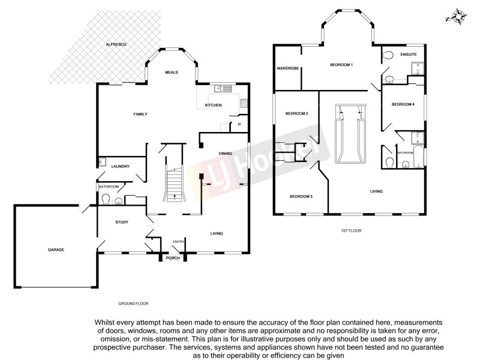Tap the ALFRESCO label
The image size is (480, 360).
click(115, 45)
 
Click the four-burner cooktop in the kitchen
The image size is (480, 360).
click(244, 103)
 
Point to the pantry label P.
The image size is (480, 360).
click(239, 124)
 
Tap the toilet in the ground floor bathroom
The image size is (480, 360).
click(106, 199)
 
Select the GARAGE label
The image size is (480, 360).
click(56, 250)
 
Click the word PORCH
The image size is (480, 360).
click(173, 258)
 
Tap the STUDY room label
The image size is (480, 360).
click(122, 223)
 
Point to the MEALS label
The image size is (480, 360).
click(172, 73)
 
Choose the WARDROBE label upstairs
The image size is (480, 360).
click(288, 68)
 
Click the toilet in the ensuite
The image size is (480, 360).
click(388, 56)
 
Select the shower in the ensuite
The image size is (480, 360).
click(416, 73)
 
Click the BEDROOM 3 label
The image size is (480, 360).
click(301, 196)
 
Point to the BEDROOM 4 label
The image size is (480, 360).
click(403, 104)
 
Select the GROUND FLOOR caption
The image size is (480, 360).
click(134, 304)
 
